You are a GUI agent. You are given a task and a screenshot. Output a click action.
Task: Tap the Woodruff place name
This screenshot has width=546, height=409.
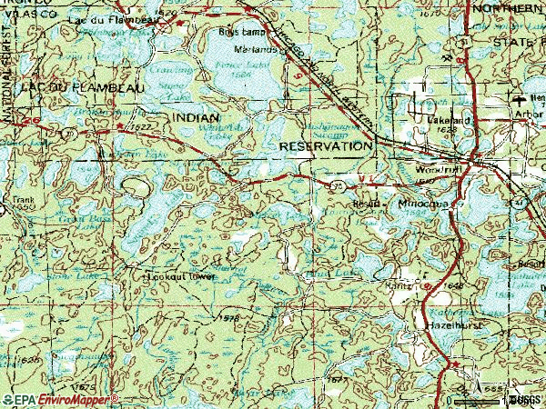coord(434,169)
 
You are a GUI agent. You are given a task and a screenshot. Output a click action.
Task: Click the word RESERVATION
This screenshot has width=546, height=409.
coord(326,145)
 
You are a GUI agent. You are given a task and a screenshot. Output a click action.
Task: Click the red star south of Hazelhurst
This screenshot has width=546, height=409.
coord(452,365)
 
